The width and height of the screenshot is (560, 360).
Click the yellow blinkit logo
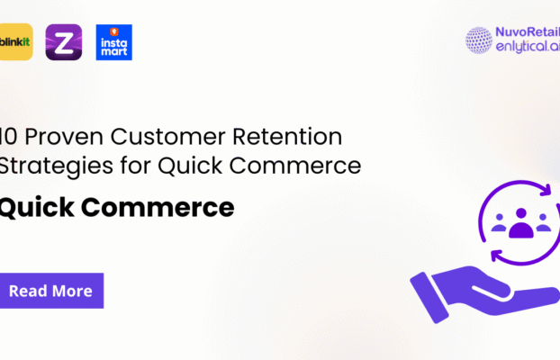[x=15, y=42]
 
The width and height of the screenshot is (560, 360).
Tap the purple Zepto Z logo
[x=63, y=42]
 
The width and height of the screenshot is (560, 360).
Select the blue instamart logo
[x=113, y=42]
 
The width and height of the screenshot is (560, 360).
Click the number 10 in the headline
[x=7, y=139]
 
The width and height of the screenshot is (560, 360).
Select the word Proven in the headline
[x=53, y=139]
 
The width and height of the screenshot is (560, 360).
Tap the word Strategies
[x=43, y=166]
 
